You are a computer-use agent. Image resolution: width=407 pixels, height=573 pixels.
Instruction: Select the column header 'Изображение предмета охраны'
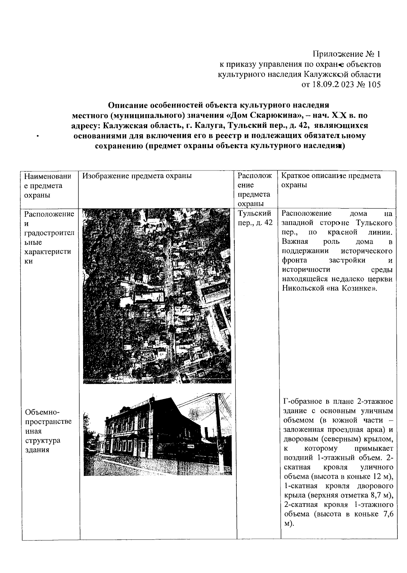pyautogui.click(x=137, y=176)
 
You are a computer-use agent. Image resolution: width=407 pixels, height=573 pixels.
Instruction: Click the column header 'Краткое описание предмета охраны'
pyautogui.click(x=331, y=180)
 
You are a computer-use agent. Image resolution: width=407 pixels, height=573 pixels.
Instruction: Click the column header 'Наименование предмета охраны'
pyautogui.click(x=47, y=185)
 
